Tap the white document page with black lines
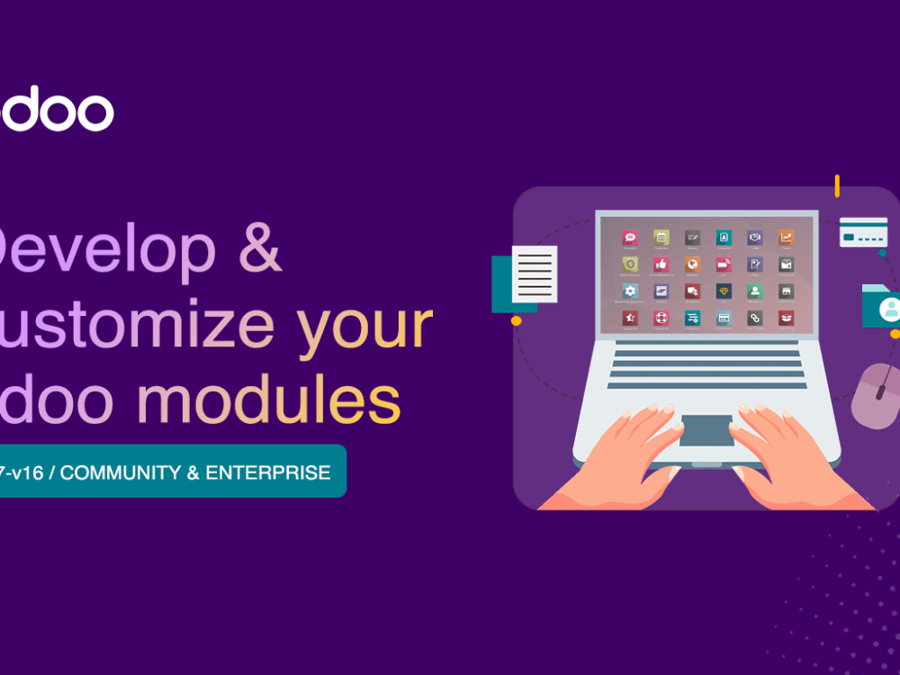coord(534,274)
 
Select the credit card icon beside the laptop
coord(863,232)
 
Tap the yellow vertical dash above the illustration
coord(837,186)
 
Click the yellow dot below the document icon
coord(517,320)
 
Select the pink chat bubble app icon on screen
coord(630,238)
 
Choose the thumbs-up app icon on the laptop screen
coord(661,265)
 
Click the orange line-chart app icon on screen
coord(786,238)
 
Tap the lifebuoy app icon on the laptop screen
coord(661,318)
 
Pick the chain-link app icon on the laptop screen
coord(754,318)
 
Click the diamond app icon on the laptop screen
coord(724,291)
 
